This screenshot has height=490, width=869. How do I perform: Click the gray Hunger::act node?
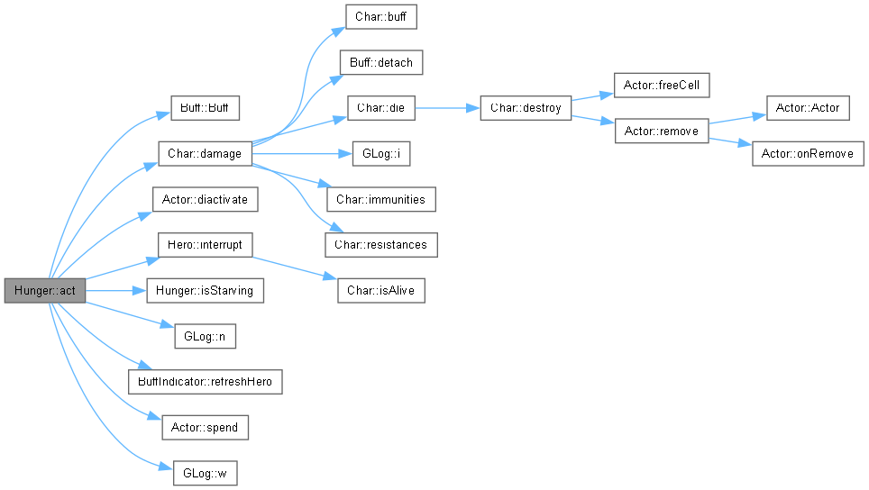tap(45, 291)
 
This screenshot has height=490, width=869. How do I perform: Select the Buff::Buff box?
tap(205, 108)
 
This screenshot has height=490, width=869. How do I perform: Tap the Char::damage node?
tap(205, 153)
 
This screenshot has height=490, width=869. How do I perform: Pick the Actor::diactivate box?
tap(205, 199)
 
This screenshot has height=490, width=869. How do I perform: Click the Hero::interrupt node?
tap(205, 245)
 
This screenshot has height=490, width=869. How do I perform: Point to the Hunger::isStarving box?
tap(205, 291)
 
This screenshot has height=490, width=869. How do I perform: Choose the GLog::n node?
tap(205, 336)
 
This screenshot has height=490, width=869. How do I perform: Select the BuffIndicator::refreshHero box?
tap(205, 382)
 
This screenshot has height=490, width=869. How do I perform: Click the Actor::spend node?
tap(205, 428)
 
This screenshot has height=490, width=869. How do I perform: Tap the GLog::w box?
tap(205, 474)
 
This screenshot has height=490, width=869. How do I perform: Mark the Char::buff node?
tap(381, 16)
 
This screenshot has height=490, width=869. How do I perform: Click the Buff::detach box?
tap(381, 62)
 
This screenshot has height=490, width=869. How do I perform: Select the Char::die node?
tap(381, 108)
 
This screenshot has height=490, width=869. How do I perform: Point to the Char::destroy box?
tap(526, 108)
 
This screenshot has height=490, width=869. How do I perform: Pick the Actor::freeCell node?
tap(662, 86)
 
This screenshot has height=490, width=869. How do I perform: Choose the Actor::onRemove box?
tap(808, 153)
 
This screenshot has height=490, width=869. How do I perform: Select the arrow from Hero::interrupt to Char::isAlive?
tap(295, 268)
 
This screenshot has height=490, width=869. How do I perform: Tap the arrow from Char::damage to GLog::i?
tap(303, 153)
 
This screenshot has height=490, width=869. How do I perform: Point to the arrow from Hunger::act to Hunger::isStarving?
tap(116, 291)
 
